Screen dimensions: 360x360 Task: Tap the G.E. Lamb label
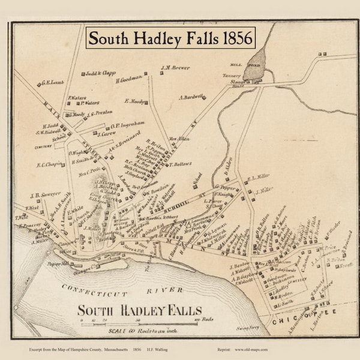click(x=53, y=82)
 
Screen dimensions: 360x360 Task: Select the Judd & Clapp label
click(x=101, y=73)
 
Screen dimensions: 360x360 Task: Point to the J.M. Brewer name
click(x=175, y=68)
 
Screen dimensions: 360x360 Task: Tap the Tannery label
click(x=231, y=76)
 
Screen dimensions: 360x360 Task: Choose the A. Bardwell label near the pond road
click(x=191, y=97)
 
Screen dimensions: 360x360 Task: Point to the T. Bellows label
click(x=181, y=163)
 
